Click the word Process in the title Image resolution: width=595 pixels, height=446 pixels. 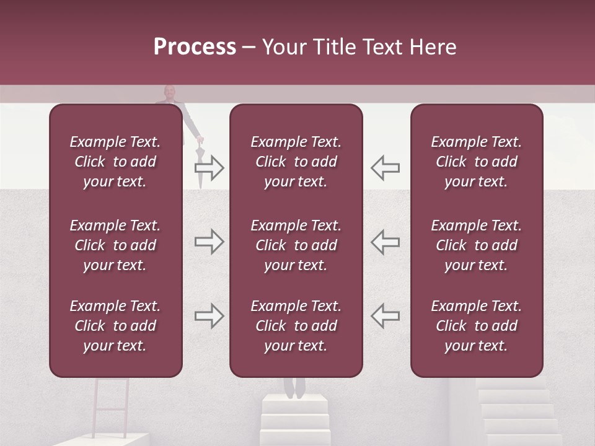195,47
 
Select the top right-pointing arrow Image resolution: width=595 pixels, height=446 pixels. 209,167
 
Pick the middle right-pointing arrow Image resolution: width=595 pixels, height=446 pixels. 209,242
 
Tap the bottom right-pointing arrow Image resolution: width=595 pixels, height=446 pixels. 209,316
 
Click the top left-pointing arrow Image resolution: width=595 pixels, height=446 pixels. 385,167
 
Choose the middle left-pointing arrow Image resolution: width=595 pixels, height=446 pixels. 385,242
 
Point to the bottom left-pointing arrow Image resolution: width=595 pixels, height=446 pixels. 385,316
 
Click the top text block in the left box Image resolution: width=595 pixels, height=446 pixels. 115,162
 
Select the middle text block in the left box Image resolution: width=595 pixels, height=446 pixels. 115,245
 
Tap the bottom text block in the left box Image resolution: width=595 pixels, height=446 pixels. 115,326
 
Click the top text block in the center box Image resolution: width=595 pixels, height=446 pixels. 296,162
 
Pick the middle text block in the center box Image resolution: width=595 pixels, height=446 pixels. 296,245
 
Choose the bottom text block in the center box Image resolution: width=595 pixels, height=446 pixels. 296,326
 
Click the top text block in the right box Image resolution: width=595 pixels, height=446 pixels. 476,162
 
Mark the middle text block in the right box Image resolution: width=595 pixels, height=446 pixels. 476,245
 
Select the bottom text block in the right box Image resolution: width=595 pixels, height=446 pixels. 476,326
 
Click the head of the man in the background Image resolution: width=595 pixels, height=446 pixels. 169,92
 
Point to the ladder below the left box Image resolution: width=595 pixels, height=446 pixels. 112,406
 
